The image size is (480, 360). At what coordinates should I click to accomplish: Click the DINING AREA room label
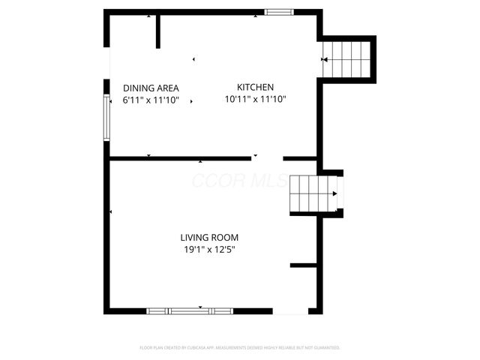(151, 88)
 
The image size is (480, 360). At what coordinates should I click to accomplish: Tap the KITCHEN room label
(255, 87)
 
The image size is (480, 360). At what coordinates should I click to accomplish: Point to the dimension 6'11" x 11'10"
(151, 100)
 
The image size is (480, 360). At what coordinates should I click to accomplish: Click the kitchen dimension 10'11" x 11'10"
(255, 99)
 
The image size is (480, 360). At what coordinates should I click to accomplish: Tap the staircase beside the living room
(313, 193)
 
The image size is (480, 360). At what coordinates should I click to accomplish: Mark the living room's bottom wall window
(190, 310)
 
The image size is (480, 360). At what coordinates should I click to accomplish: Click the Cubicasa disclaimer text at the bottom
(240, 348)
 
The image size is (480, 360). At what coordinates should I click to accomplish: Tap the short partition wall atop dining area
(158, 31)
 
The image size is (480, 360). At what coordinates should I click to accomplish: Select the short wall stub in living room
(303, 265)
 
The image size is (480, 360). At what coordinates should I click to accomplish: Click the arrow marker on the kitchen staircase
(325, 58)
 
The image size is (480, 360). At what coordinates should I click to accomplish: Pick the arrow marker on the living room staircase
(334, 194)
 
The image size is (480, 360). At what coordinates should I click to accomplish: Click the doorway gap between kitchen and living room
(267, 158)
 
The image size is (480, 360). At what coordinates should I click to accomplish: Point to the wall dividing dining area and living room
(180, 158)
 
